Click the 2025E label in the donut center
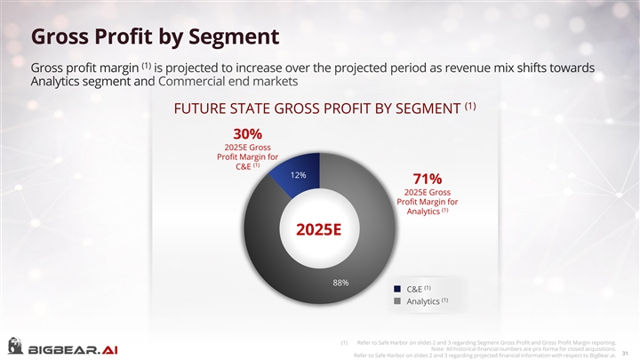click(x=319, y=230)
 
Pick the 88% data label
click(x=340, y=283)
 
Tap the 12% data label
click(x=299, y=174)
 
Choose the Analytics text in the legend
click(x=422, y=301)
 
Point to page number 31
click(x=626, y=349)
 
